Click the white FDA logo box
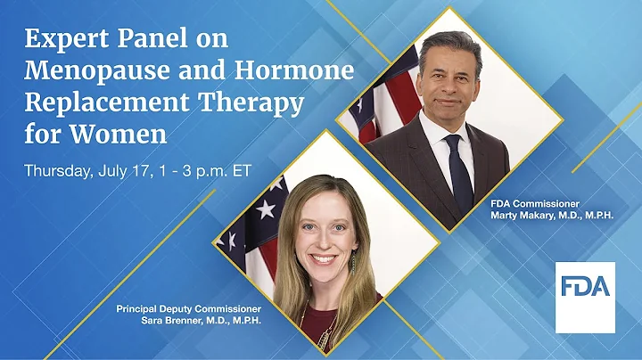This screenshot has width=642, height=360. tap(585, 297)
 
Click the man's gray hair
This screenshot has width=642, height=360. tap(455, 43)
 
